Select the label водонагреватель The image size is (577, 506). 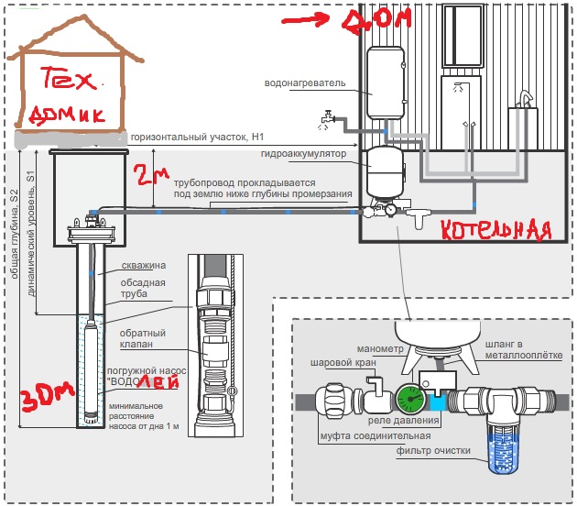305,82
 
